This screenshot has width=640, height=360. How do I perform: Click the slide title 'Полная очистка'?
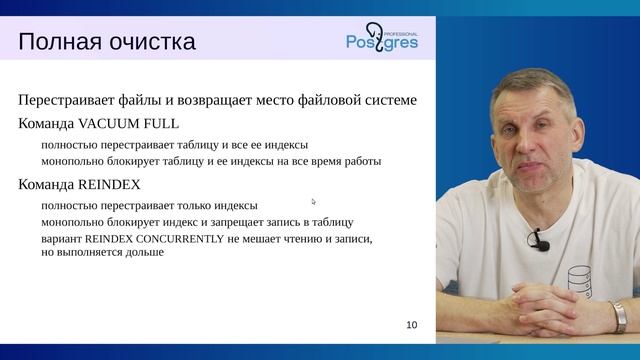pos(107,42)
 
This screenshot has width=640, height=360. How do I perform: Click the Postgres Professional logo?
pos(383,38)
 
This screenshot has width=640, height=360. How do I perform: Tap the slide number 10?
pos(412,325)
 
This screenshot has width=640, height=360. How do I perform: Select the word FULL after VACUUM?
pos(162,125)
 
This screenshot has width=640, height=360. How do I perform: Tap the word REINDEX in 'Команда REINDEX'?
pos(106,185)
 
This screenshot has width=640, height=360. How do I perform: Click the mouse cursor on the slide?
pos(313,201)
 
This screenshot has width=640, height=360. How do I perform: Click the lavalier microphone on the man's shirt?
pos(540,240)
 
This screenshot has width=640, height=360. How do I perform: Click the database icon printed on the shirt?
pos(582,283)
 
